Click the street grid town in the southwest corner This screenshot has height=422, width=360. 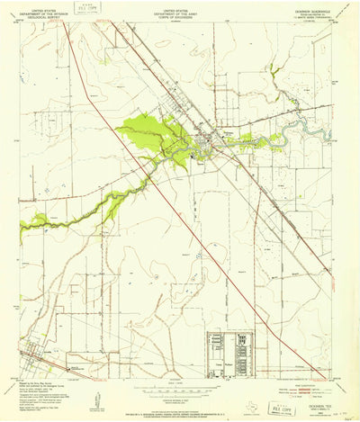coord(36,356)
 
